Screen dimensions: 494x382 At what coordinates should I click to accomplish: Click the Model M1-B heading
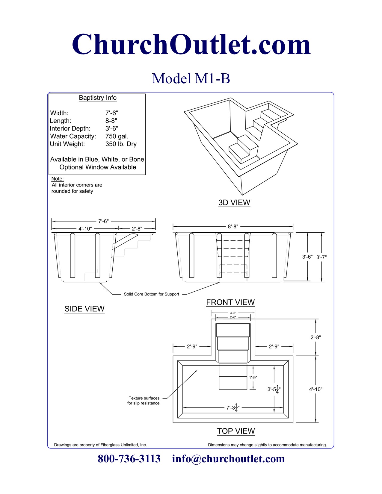coord(191,79)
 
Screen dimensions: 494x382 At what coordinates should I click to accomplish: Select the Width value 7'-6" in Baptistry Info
coord(112,113)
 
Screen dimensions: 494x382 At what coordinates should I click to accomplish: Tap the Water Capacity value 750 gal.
coord(117,136)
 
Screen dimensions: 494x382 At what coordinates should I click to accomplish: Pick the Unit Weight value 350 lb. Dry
coord(121,144)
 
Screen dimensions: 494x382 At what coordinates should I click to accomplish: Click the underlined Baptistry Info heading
coord(98,98)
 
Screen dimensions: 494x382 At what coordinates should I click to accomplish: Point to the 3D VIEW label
coord(234,203)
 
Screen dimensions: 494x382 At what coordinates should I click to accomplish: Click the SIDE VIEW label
coord(84,309)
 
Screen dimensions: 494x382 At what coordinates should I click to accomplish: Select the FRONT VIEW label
coord(230,302)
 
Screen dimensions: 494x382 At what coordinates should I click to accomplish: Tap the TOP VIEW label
coord(236,431)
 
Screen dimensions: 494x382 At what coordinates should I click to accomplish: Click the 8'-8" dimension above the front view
coord(233,227)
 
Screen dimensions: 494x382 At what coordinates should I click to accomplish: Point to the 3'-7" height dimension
coord(321,257)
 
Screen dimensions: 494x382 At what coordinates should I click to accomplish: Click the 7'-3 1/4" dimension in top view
coord(233,408)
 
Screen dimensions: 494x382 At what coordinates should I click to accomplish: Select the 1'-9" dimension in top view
coord(253,378)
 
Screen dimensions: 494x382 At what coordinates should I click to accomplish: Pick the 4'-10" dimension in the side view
coord(85,229)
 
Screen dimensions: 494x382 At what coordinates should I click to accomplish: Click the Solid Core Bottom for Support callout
coord(151,294)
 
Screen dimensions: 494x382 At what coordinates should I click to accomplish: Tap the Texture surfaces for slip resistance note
coord(144,401)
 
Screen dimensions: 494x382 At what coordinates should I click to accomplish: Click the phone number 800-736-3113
coord(129,459)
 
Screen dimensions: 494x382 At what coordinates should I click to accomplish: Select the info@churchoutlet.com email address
coord(228,459)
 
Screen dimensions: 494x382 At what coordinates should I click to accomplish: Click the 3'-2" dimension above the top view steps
coord(233,313)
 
